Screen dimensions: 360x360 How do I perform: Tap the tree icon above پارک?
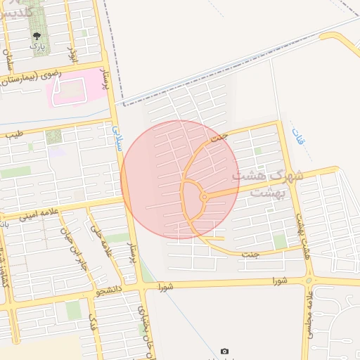click(x=36, y=34)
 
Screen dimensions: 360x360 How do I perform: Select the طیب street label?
click(x=15, y=132)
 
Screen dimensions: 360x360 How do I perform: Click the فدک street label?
click(x=92, y=323)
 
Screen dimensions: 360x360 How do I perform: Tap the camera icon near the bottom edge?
click(x=224, y=351)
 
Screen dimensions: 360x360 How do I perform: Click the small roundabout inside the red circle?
click(x=203, y=198)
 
